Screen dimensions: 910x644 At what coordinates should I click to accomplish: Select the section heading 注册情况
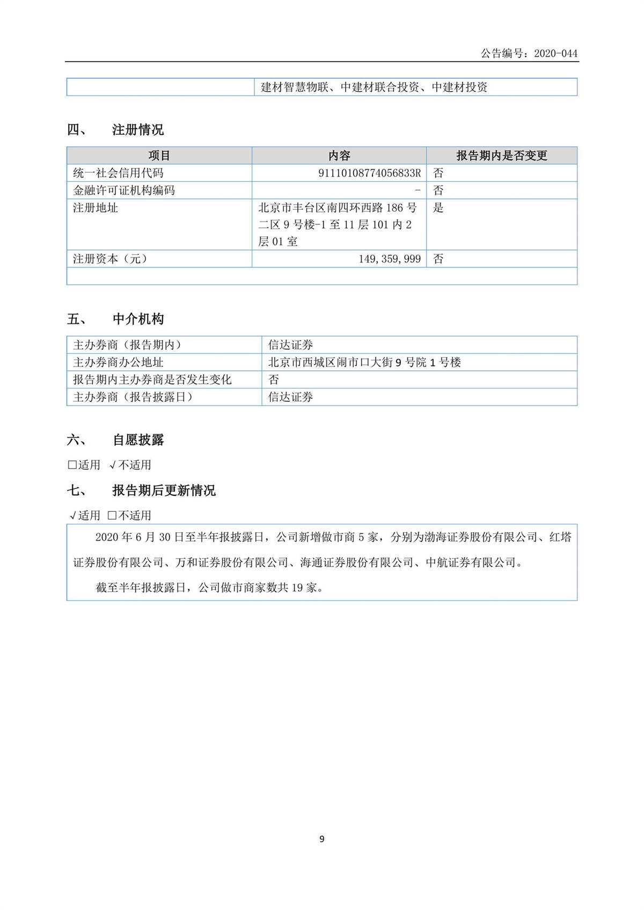(137, 130)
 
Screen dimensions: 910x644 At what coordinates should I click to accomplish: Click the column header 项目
(159, 156)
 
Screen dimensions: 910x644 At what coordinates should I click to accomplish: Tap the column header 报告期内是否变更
(501, 156)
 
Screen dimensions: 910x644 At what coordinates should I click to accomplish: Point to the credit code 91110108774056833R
(369, 173)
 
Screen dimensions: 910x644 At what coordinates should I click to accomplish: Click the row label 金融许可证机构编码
(124, 190)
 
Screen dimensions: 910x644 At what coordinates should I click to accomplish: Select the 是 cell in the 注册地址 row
(438, 208)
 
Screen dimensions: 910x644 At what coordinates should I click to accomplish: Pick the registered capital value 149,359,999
(390, 259)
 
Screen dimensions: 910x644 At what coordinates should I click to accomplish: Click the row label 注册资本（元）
(111, 259)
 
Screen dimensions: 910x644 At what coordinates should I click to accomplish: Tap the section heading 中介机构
(138, 319)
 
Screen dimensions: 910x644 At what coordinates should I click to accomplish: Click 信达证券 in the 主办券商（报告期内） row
(290, 345)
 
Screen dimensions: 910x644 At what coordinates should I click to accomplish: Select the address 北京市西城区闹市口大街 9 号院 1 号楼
(364, 362)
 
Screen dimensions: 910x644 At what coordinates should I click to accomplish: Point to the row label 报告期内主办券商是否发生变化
(152, 379)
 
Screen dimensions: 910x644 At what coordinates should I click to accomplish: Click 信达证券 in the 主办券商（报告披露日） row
(290, 397)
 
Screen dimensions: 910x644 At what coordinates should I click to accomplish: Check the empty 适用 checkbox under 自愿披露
(72, 465)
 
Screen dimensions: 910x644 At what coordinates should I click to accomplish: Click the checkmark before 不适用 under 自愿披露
(113, 465)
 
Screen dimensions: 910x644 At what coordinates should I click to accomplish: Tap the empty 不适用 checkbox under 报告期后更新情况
(112, 516)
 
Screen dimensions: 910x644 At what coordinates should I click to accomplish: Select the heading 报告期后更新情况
(164, 490)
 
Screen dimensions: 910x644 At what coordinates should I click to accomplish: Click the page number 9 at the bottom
(322, 839)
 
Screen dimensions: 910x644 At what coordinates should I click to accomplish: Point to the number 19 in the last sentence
(297, 588)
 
